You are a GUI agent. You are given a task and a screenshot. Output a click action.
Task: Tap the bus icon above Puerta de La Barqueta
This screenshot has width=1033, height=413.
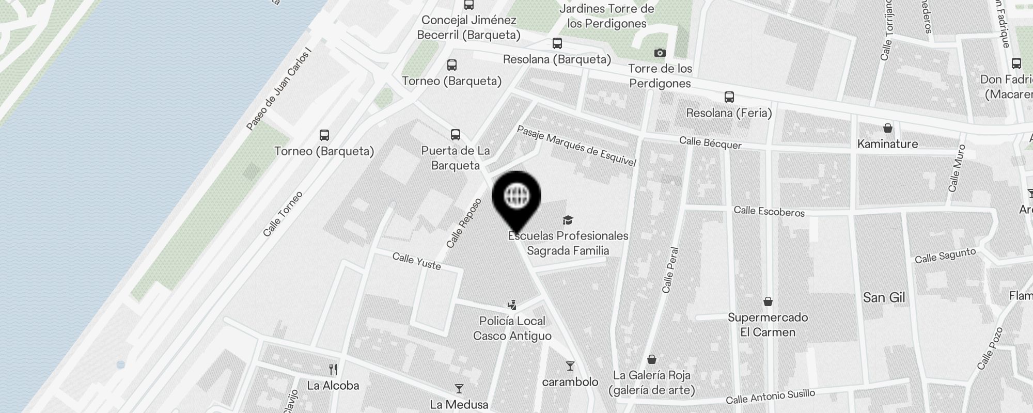[x=455, y=135]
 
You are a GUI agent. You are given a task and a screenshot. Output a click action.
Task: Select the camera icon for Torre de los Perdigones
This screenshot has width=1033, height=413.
[x=660, y=53]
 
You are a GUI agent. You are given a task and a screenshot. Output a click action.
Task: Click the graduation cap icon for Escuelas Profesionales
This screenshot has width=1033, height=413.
[x=568, y=220]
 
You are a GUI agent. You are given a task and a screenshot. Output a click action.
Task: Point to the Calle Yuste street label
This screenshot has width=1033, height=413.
[x=416, y=261]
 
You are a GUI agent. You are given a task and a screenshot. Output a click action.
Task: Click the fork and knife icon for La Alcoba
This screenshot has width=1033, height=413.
[x=333, y=370]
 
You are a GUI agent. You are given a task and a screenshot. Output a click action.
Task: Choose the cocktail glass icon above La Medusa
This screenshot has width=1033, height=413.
[x=459, y=389]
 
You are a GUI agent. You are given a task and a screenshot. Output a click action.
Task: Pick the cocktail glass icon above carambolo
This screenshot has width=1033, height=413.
[x=570, y=366]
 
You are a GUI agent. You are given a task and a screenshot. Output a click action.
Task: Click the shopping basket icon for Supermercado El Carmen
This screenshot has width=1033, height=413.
[x=768, y=301]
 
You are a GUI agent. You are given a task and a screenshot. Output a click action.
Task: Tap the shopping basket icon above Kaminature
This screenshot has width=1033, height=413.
[x=887, y=128]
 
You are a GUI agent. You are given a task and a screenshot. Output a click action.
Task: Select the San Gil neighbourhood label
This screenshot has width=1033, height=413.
[x=884, y=297]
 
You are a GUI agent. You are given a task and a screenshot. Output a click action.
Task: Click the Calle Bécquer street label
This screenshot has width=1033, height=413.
[x=710, y=142]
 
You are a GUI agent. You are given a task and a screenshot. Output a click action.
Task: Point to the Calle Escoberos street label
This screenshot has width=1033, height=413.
[x=769, y=211]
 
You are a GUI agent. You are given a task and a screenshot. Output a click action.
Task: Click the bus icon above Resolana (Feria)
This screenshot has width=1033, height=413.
[x=729, y=97]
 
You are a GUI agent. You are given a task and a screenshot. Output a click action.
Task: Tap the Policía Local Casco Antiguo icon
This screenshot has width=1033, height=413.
[x=512, y=305]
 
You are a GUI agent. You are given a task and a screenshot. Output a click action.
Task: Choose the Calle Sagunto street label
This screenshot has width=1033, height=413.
[x=945, y=256]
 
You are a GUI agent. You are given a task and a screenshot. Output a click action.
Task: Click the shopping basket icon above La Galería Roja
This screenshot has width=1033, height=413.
[x=652, y=359]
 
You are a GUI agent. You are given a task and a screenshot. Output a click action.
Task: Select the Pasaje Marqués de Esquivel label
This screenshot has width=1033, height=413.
[x=576, y=146]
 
